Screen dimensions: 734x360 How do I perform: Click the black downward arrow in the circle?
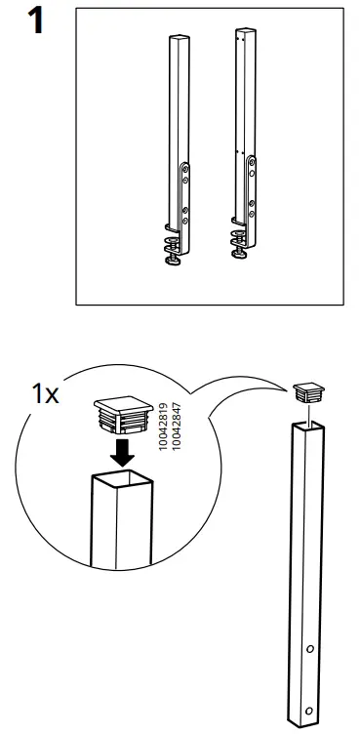coord(122,452)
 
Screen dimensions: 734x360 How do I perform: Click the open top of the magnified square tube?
coord(123,479)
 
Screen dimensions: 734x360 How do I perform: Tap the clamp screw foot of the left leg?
coord(172,258)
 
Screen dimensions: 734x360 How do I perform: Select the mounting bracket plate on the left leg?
coord(184,195)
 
